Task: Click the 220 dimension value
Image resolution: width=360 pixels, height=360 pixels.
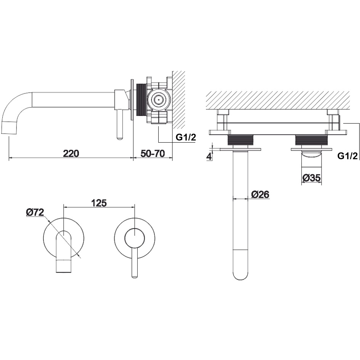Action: (71, 153)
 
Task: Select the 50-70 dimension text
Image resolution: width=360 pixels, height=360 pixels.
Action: (153, 153)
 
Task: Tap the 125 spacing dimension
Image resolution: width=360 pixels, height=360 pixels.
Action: (99, 203)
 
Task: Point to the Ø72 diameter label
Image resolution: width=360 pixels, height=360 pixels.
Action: (35, 212)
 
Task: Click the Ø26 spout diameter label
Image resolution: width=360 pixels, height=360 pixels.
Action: (260, 194)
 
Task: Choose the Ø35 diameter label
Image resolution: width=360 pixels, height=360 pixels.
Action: (312, 178)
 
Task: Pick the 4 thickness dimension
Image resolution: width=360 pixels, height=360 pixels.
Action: (209, 157)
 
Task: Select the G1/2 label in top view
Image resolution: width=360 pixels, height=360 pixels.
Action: (347, 156)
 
